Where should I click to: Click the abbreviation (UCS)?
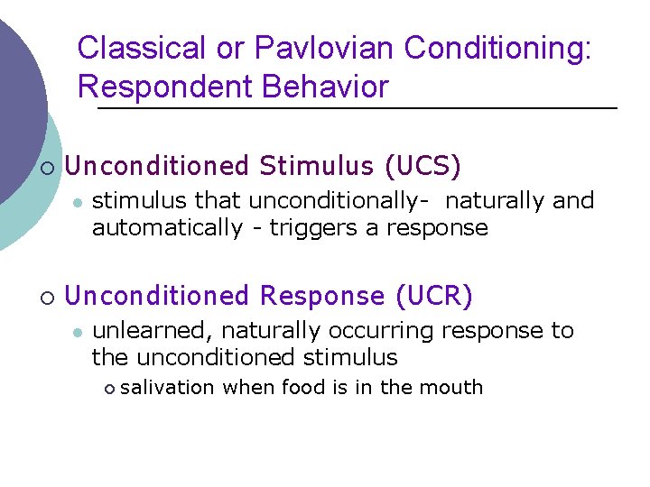(422, 166)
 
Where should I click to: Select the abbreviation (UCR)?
(434, 296)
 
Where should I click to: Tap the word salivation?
(167, 388)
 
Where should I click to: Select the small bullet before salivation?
(109, 389)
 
